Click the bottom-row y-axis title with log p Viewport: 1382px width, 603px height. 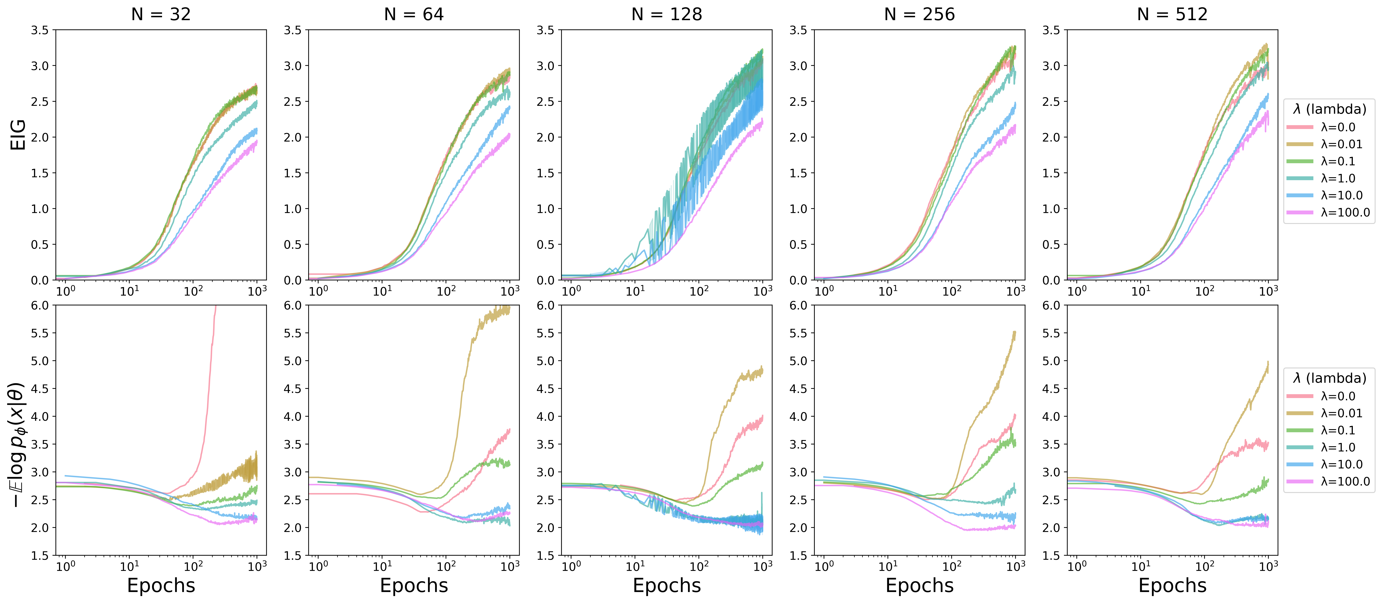tap(18, 445)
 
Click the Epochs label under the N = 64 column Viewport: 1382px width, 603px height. tap(414, 585)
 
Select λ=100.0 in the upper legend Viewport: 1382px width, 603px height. tap(1345, 213)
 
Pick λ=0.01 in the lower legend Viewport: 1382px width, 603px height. tap(1341, 413)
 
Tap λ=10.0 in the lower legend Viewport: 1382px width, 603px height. tap(1341, 465)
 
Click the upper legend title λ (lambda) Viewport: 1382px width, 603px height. tap(1329, 110)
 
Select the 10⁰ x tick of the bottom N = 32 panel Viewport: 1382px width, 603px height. tap(65, 566)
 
